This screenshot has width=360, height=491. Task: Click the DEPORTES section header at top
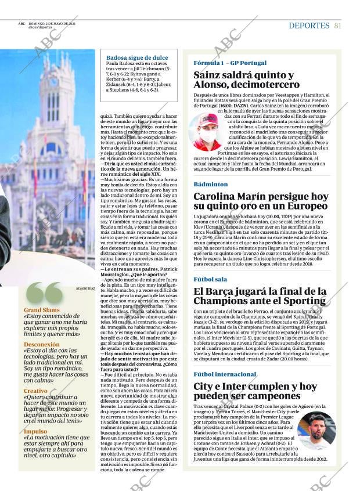[309, 26]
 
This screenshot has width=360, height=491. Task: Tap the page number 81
[337, 26]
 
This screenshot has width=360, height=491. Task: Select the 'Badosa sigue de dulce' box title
[137, 57]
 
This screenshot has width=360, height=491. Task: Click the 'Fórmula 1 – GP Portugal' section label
[230, 63]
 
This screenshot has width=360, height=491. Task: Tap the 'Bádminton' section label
[211, 184]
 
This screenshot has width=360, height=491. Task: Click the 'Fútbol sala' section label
[210, 279]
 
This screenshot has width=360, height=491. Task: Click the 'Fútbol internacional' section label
[225, 374]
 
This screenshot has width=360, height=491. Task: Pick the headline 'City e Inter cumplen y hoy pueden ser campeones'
[255, 391]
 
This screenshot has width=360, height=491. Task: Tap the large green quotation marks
[45, 294]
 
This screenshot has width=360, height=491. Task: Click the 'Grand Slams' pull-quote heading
[42, 310]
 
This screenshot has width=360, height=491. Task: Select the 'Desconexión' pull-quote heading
[42, 344]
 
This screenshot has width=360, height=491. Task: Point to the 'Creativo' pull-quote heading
[35, 391]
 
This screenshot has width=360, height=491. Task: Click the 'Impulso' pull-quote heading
[35, 431]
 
